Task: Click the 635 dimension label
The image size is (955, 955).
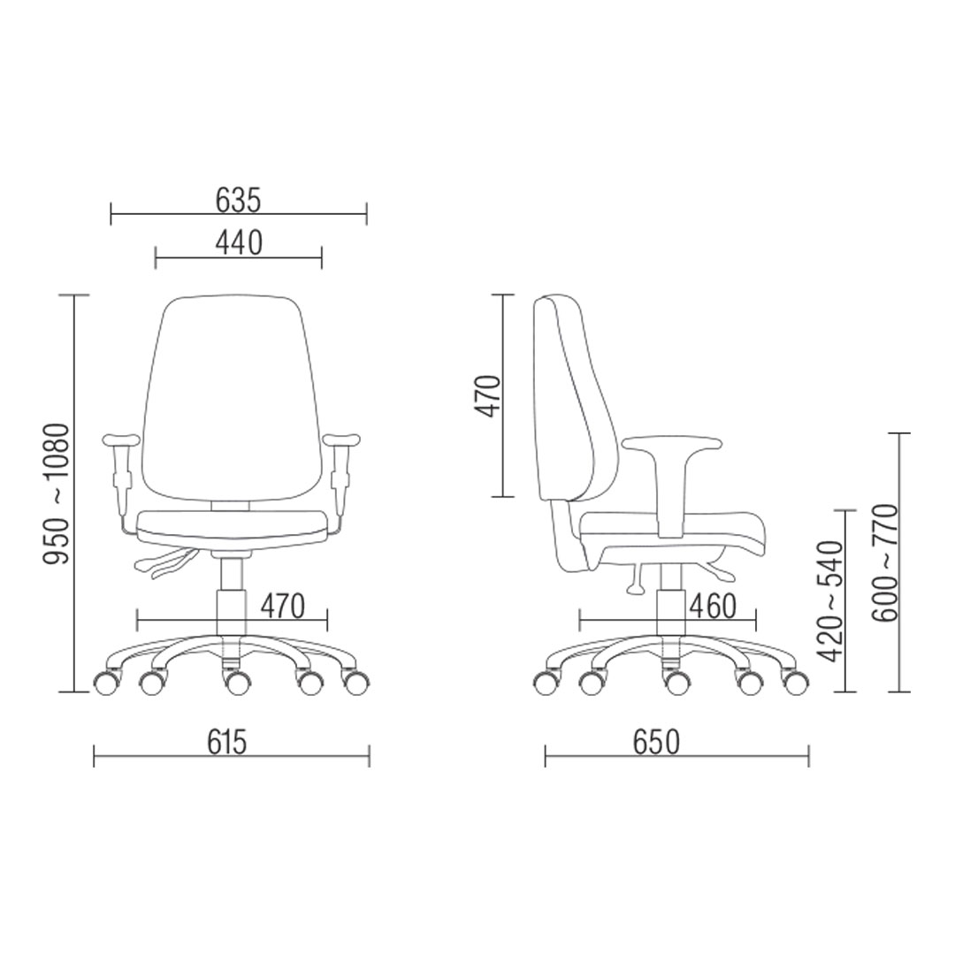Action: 238,201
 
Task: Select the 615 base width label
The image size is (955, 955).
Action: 227,742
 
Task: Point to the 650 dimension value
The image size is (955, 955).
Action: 656,742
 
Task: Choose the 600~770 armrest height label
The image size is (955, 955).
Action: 884,562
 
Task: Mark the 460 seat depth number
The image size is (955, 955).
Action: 714,606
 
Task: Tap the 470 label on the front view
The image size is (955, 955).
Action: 282,606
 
